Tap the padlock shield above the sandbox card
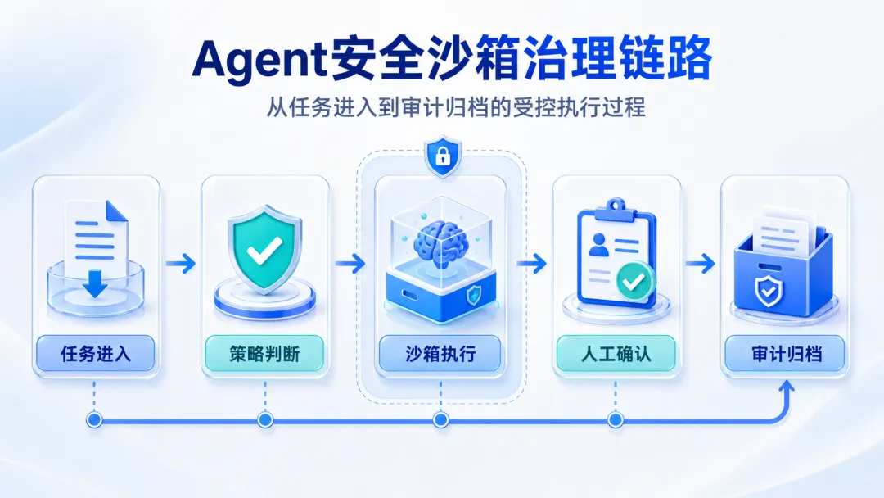pyautogui.click(x=443, y=156)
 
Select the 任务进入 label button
pyautogui.click(x=95, y=354)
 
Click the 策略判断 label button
pyautogui.click(x=264, y=354)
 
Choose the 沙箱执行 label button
pyautogui.click(x=440, y=354)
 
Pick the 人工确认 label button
pyautogui.click(x=616, y=354)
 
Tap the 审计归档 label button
pyautogui.click(x=785, y=354)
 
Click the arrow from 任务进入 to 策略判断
pyautogui.click(x=180, y=264)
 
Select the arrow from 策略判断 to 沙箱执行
pyautogui.click(x=350, y=264)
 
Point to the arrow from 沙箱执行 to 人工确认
pyautogui.click(x=532, y=264)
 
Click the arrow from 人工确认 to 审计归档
pyautogui.click(x=700, y=264)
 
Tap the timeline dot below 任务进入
pyautogui.click(x=94, y=419)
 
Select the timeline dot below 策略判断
pyautogui.click(x=265, y=419)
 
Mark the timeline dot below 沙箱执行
pyautogui.click(x=441, y=419)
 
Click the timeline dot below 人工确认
pyautogui.click(x=616, y=419)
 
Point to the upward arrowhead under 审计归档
pyautogui.click(x=787, y=387)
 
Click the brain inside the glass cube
pyautogui.click(x=441, y=242)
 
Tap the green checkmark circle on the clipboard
pyautogui.click(x=635, y=280)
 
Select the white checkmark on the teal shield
pyautogui.click(x=264, y=251)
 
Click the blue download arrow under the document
pyautogui.click(x=95, y=283)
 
